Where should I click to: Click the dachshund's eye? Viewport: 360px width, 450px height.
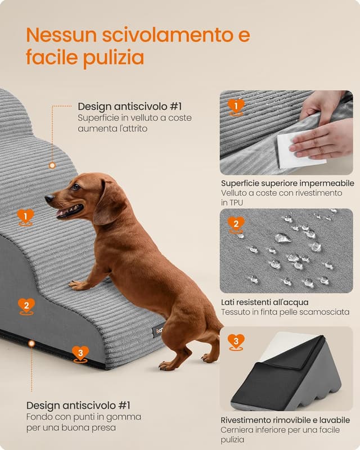76,187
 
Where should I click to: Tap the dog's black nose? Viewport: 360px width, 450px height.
48,199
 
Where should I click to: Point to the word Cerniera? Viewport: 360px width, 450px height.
238,430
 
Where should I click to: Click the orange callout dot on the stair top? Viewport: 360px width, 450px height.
52,165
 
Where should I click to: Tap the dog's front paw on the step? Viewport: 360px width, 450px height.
79,285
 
